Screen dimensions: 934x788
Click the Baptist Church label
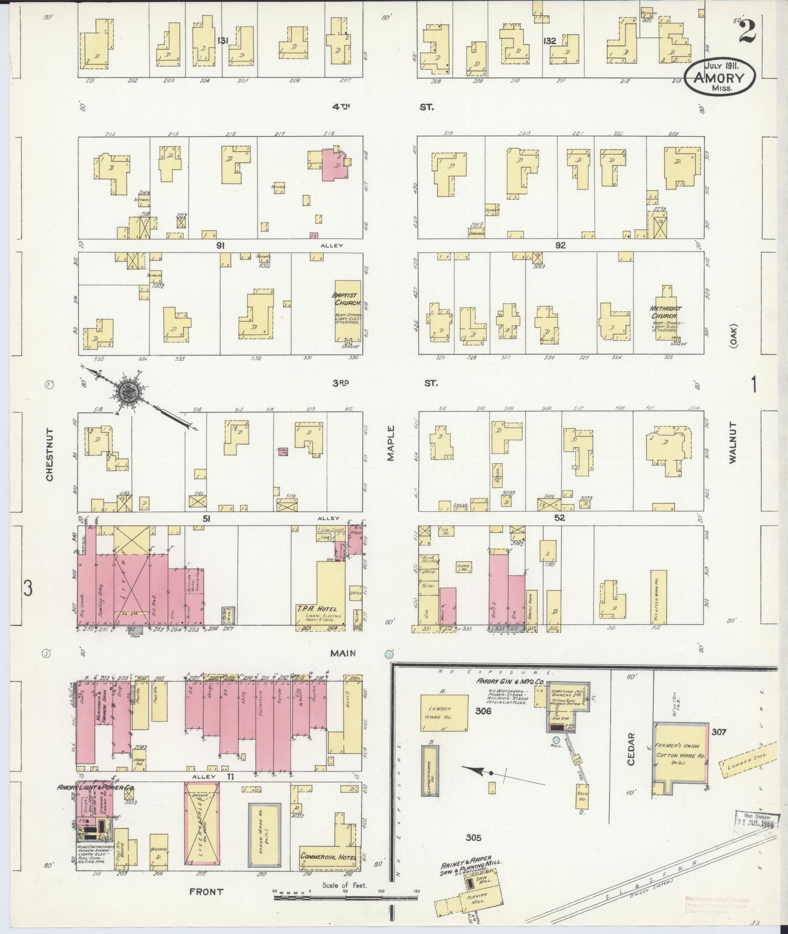point(347,299)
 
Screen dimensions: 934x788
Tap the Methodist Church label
point(665,312)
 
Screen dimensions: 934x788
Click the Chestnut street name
point(50,455)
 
